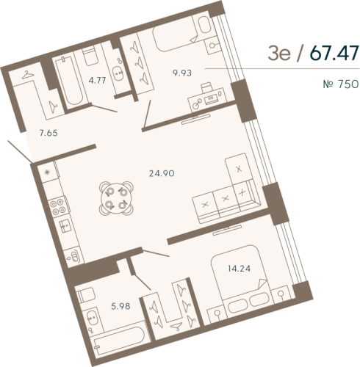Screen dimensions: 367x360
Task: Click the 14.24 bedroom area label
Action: click(x=231, y=267)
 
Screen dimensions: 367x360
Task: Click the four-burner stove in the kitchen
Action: click(x=49, y=173)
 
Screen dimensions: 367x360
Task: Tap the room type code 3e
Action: click(x=281, y=53)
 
